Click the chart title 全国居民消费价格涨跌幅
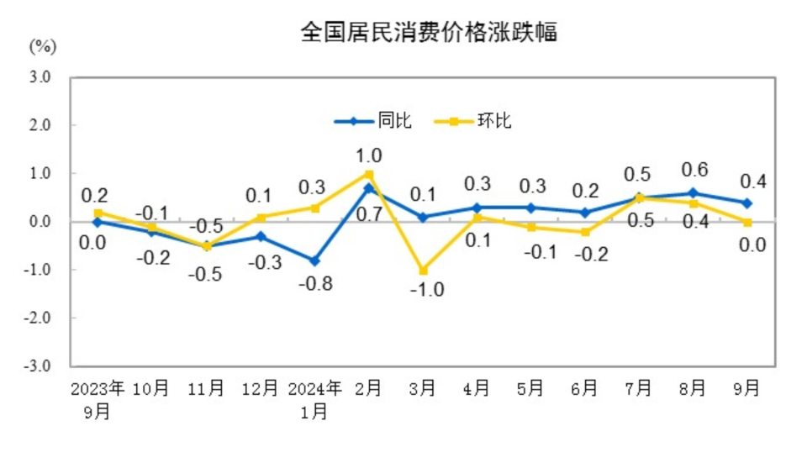coord(429,33)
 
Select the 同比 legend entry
coord(374,121)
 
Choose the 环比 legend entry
coord(473,121)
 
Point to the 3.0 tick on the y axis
coord(40,77)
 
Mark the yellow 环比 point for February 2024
coord(368,174)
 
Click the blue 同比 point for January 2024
coord(314,260)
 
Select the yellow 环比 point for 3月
coord(422,271)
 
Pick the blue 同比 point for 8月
coord(693,193)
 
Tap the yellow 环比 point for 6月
coord(584,232)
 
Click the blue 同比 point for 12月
coord(261,236)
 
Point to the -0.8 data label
coord(316,284)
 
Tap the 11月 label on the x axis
coord(207,388)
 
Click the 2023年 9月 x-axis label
coord(98,399)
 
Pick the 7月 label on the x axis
coord(638,388)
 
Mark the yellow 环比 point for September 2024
coord(746,222)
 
